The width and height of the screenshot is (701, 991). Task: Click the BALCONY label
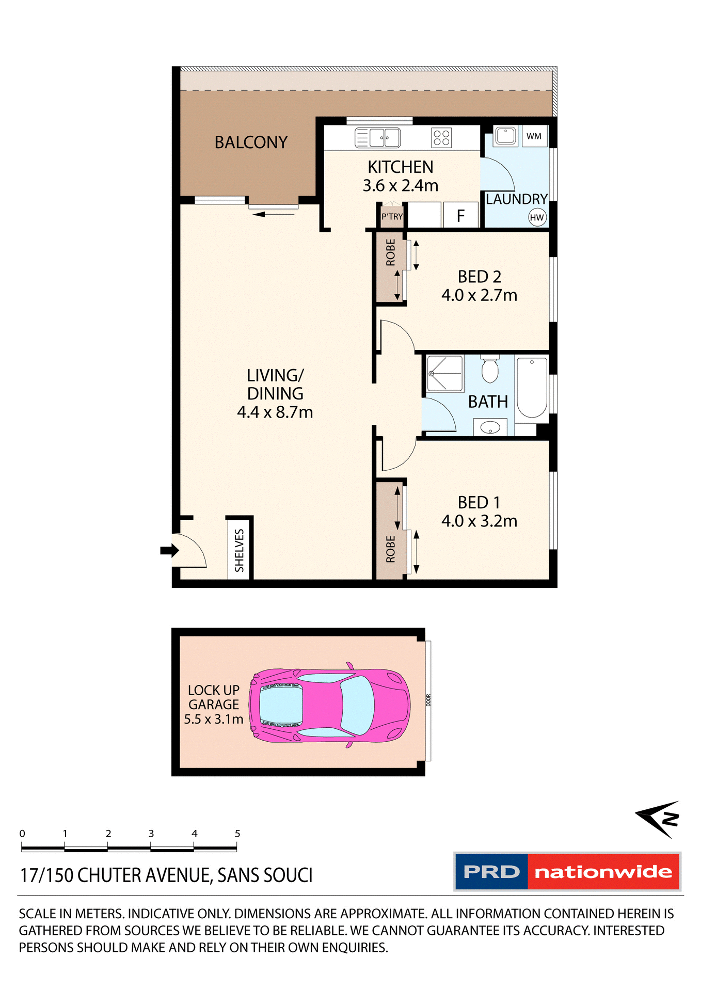(x=251, y=142)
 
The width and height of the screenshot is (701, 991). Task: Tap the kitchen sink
(x=378, y=138)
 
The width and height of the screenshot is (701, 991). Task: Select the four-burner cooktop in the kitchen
(x=441, y=138)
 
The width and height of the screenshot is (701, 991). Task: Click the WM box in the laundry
(x=534, y=136)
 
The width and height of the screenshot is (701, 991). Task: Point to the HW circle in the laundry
(x=537, y=217)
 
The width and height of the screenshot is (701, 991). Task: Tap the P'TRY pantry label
(x=392, y=217)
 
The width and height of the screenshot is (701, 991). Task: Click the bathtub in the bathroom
(x=532, y=387)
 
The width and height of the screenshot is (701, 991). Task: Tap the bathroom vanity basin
(x=489, y=427)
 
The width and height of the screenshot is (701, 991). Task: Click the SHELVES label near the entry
(x=240, y=550)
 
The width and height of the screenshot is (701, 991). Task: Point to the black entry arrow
(x=169, y=550)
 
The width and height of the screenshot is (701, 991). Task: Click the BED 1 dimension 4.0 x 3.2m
(x=479, y=521)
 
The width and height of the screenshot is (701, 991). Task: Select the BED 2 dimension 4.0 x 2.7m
(x=479, y=295)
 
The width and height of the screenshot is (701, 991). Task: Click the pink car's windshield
(x=357, y=705)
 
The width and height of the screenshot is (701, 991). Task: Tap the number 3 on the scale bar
(x=151, y=834)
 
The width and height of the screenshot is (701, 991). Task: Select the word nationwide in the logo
(x=603, y=872)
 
